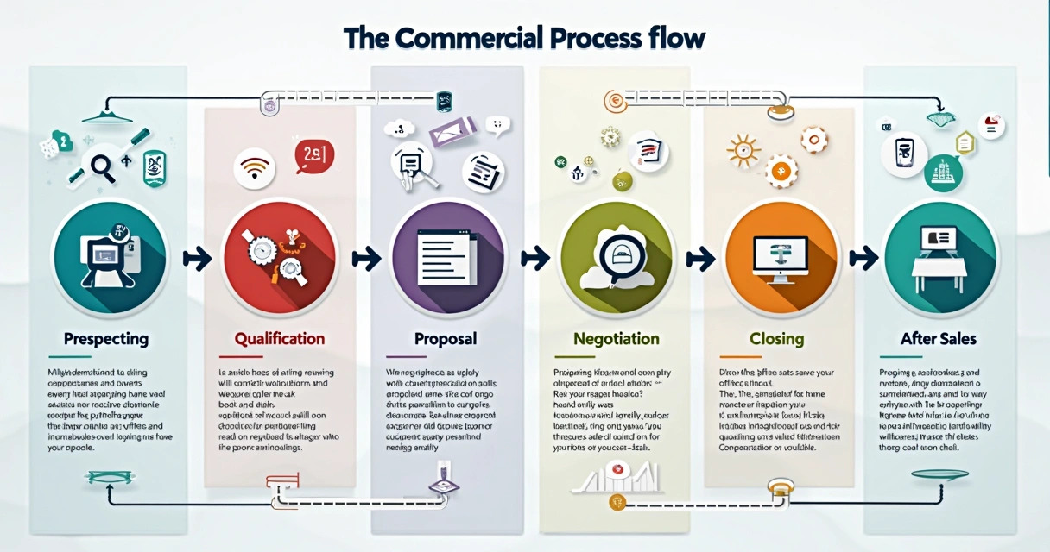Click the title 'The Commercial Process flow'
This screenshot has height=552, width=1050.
524,39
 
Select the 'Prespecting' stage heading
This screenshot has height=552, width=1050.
105,338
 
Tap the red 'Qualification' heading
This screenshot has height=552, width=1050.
280,338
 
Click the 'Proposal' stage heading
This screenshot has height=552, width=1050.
445,338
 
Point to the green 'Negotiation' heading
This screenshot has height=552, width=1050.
616,338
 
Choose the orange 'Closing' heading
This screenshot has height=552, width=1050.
776,338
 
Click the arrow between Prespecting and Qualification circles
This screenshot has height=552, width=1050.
198,258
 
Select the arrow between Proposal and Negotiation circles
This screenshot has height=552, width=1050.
535,258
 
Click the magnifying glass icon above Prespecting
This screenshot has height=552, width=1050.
102,166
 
